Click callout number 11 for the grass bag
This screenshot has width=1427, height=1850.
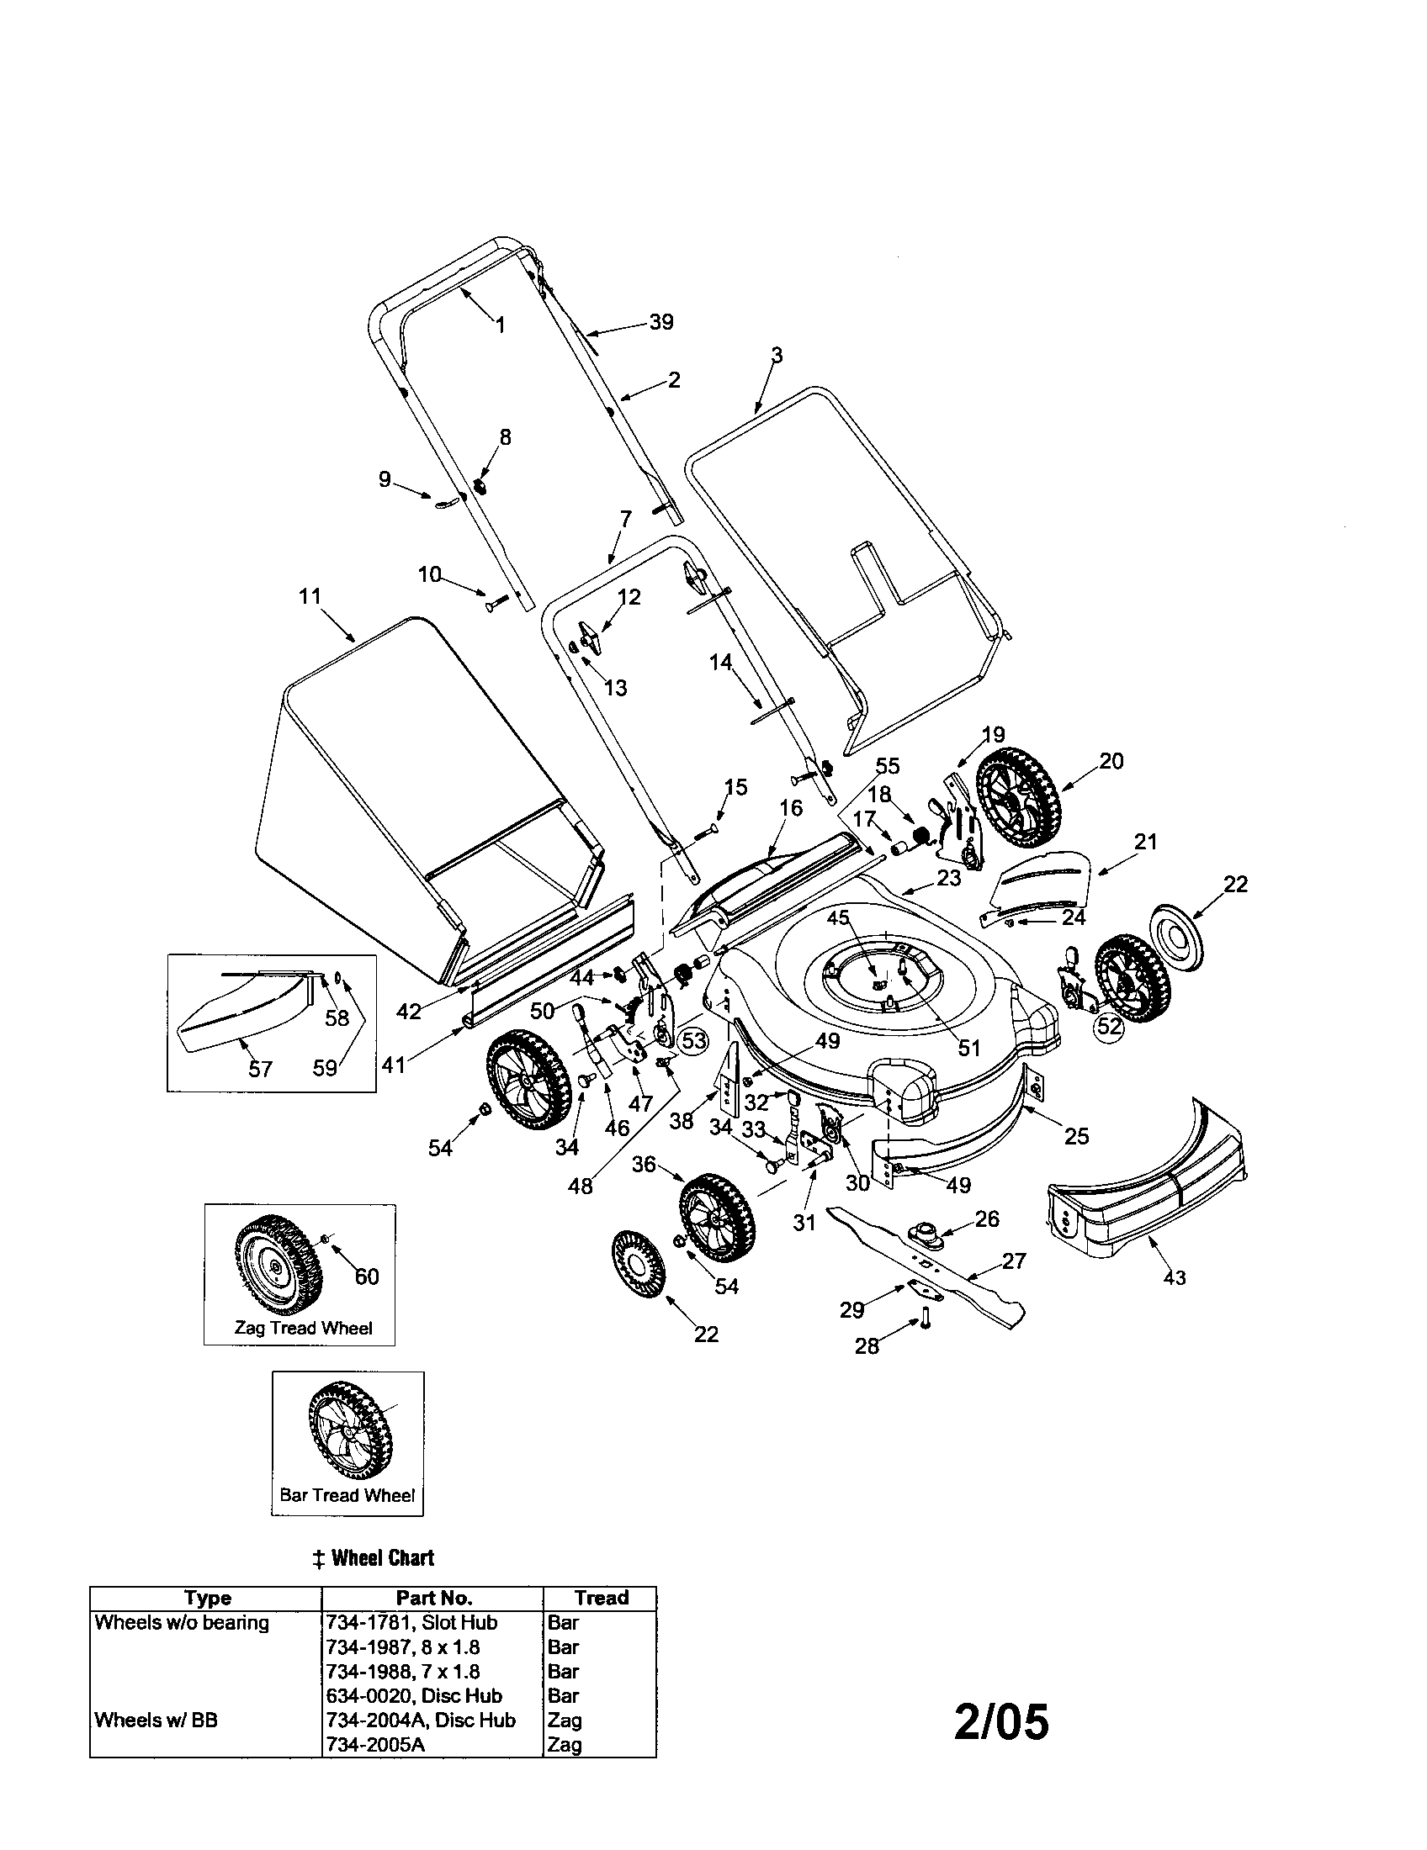[310, 596]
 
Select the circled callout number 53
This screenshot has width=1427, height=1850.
[693, 1040]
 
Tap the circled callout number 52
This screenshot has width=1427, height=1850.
[1108, 1027]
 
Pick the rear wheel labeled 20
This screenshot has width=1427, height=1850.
[1017, 796]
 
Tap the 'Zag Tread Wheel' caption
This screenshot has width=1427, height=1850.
[303, 1328]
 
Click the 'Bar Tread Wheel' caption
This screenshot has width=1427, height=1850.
[347, 1495]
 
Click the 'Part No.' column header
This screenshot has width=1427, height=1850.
[433, 1598]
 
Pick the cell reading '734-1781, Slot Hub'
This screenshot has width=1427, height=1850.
[411, 1622]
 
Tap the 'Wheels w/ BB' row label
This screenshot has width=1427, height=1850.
[156, 1720]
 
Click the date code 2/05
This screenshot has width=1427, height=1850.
[1000, 1722]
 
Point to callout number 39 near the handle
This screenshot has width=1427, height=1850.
[661, 322]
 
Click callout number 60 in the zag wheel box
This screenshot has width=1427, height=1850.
[366, 1276]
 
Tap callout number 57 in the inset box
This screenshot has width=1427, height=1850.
[260, 1068]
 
